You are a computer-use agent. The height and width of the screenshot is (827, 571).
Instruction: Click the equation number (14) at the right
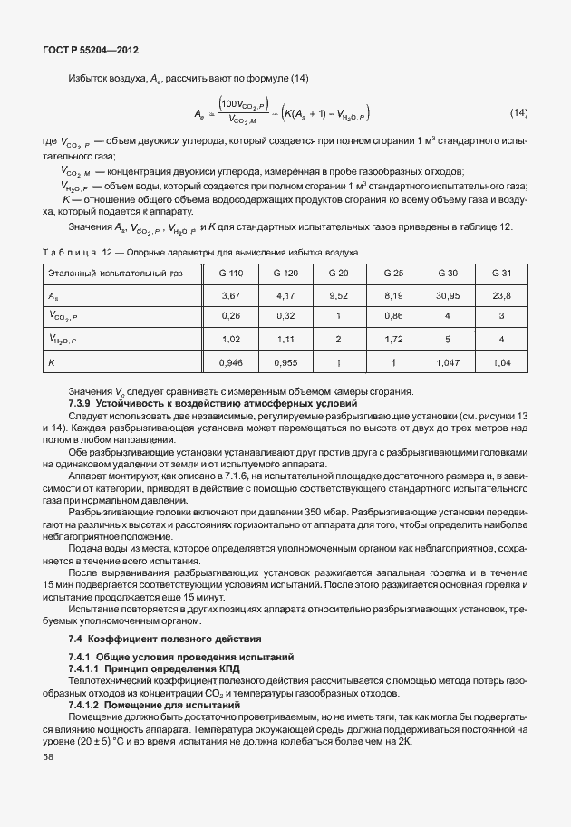click(x=518, y=112)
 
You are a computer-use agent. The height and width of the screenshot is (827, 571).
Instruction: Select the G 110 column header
click(x=232, y=273)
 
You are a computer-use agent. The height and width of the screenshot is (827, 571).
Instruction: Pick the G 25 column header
click(x=393, y=273)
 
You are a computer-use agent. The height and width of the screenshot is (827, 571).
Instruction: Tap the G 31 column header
click(x=501, y=273)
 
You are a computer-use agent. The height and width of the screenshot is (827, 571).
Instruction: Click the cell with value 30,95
click(x=448, y=295)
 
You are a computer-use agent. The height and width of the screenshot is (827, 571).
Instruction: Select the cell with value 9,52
click(x=339, y=295)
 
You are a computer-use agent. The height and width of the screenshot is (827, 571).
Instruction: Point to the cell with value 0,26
click(x=232, y=317)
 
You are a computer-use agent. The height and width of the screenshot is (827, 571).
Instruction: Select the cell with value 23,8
click(x=501, y=295)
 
